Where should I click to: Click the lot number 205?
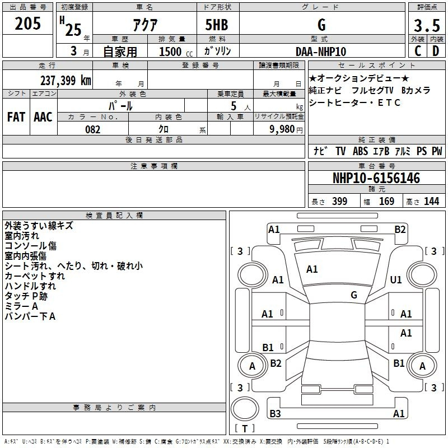click(28, 24)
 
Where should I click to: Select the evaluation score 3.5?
click(426, 26)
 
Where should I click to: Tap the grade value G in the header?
click(321, 25)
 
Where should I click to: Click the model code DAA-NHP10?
click(321, 51)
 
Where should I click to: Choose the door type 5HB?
click(217, 25)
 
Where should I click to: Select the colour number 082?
click(92, 129)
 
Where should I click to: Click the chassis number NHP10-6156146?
click(376, 178)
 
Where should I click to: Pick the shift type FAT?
click(16, 117)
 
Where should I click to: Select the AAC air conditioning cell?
click(43, 117)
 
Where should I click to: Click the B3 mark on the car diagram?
click(275, 414)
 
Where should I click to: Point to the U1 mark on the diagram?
click(396, 279)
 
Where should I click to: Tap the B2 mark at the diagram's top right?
click(400, 229)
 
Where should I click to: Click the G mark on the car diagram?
click(354, 295)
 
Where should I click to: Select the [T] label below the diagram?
click(245, 429)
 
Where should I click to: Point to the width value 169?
click(387, 202)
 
